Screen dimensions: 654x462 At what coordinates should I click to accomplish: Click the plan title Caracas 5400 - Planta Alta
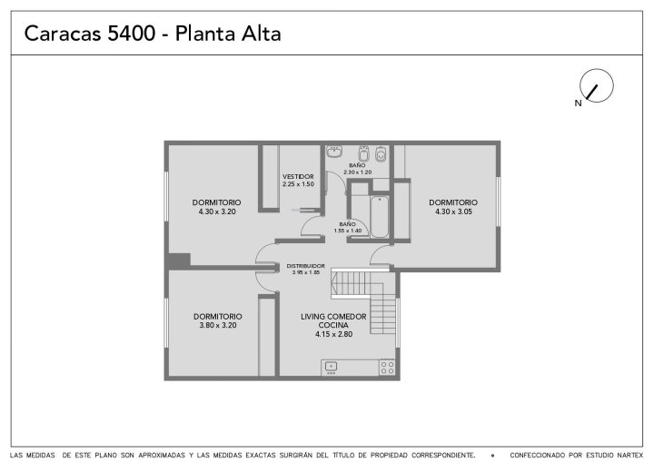click(x=153, y=34)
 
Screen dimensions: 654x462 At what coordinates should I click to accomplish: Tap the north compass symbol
click(x=597, y=85)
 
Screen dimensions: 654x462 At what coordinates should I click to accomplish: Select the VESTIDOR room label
click(x=298, y=176)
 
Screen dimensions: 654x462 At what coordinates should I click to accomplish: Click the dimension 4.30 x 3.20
click(x=217, y=211)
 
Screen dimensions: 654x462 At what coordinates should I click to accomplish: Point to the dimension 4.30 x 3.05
click(x=454, y=211)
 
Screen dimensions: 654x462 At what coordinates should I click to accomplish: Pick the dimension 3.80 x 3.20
click(x=218, y=325)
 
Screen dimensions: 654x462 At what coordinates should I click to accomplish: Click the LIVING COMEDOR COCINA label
click(x=333, y=320)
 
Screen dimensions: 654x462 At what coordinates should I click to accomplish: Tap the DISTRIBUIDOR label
click(x=306, y=266)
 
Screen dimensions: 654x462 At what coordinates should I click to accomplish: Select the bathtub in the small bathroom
click(x=380, y=217)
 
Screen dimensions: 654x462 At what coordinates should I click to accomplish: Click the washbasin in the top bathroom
click(x=334, y=152)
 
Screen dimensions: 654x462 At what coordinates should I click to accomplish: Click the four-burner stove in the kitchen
click(x=387, y=368)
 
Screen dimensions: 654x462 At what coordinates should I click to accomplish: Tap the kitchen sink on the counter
click(x=331, y=368)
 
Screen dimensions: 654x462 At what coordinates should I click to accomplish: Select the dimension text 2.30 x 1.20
click(x=358, y=172)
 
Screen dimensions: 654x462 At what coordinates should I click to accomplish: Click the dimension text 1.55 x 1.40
click(x=347, y=231)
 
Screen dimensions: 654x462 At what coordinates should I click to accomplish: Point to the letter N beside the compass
click(x=578, y=103)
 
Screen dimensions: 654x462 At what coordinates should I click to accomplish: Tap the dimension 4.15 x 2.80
click(x=333, y=334)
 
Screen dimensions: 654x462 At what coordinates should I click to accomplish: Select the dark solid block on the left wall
click(x=179, y=260)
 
